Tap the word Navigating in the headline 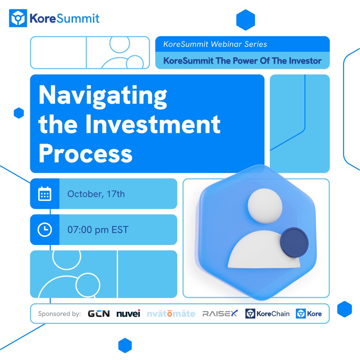(103, 96)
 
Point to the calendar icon (45, 194)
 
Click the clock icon (45, 230)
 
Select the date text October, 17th (96, 194)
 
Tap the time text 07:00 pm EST (98, 230)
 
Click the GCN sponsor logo (99, 314)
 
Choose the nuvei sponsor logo (128, 314)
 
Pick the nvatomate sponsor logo (171, 314)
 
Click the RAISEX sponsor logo (220, 314)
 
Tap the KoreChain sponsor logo (267, 314)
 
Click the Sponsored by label (59, 314)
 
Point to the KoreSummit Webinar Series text (215, 44)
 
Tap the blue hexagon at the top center (245, 20)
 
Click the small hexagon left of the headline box (19, 113)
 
